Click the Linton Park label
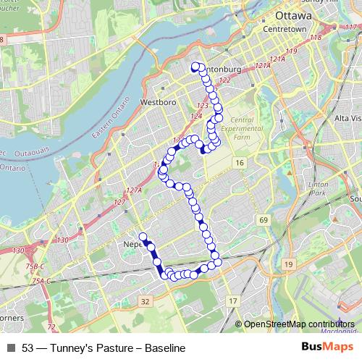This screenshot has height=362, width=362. pyautogui.click(x=319, y=190)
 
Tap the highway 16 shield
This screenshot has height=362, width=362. pyautogui.click(x=239, y=164)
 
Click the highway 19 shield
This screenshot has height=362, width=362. pyautogui.click(x=288, y=265)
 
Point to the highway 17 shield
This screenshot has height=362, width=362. pyautogui.click(x=232, y=300)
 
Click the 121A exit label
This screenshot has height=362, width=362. pyautogui.click(x=262, y=66)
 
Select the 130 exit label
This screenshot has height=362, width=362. pyautogui.click(x=62, y=240)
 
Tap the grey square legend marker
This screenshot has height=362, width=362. pyautogui.click(x=11, y=348)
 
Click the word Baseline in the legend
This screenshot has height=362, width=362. pyautogui.click(x=165, y=348)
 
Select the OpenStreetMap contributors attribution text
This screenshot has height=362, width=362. pyautogui.click(x=299, y=324)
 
